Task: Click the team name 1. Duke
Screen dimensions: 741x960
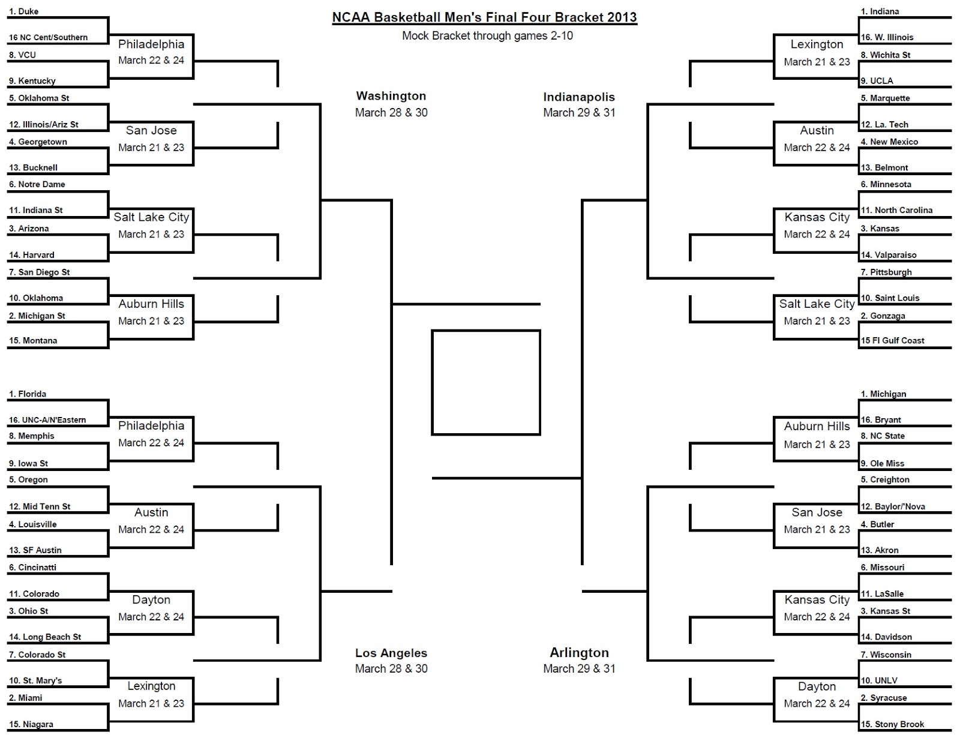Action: [24, 11]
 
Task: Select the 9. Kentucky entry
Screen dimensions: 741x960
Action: [32, 81]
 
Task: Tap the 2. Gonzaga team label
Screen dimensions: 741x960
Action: [883, 316]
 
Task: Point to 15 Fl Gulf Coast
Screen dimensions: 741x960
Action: [893, 341]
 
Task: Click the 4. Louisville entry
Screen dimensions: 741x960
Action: [33, 524]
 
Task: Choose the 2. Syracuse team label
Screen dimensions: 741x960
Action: [884, 698]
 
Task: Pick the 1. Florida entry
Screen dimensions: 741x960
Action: [28, 394]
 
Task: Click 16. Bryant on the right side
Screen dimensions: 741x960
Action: [881, 420]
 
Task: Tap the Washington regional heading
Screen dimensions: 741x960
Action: [391, 96]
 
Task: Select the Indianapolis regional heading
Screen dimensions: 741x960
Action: [579, 97]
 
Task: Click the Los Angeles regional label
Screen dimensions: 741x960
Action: [391, 653]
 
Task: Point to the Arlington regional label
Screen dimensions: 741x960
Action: [579, 653]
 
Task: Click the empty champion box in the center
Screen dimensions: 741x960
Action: [486, 382]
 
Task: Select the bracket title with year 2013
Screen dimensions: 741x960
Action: [485, 17]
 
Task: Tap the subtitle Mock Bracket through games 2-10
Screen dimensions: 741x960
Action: [487, 36]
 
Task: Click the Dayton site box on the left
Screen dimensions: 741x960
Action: [151, 608]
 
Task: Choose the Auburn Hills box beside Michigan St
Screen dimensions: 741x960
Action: [151, 312]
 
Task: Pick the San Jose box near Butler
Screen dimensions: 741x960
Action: [817, 521]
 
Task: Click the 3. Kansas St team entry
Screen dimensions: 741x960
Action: [886, 611]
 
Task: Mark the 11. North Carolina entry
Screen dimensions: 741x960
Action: [897, 211]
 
